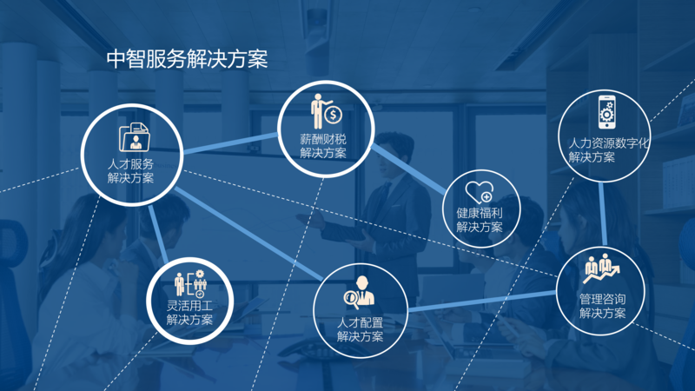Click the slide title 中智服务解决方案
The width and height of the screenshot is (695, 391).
pyautogui.click(x=186, y=59)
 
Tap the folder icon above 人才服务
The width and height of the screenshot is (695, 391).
pyautogui.click(x=133, y=137)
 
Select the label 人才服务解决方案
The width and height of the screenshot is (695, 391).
pyautogui.click(x=131, y=171)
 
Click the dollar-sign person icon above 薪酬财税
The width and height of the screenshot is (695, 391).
pyautogui.click(x=327, y=109)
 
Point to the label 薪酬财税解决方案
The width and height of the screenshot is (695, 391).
pyautogui.click(x=322, y=146)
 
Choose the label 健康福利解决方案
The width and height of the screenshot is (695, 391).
pyautogui.click(x=479, y=220)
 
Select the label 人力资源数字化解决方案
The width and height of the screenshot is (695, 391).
pyautogui.click(x=608, y=149)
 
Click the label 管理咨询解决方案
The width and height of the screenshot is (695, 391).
pyautogui.click(x=602, y=306)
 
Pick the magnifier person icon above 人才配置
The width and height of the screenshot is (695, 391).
pyautogui.click(x=361, y=291)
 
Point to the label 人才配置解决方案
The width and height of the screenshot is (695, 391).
pyautogui.click(x=360, y=329)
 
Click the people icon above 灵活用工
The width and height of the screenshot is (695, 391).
pyautogui.click(x=189, y=282)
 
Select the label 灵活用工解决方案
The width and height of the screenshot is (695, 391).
pyautogui.click(x=189, y=312)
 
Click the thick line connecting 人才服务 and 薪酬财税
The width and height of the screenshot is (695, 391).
pyautogui.click(x=230, y=143)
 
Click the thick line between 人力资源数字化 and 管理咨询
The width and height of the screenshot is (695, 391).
pyautogui.click(x=604, y=215)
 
